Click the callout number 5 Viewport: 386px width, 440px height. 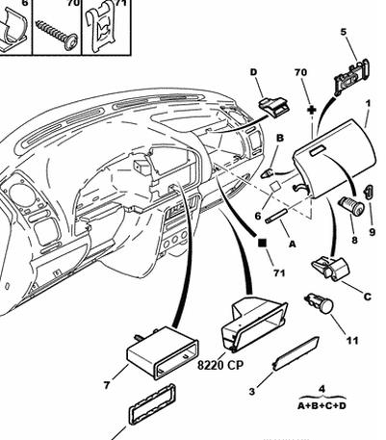coord(344,33)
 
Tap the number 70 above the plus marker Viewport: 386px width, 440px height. coord(300,72)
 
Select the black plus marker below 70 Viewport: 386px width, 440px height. coord(312,110)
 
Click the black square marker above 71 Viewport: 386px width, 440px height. coord(262,243)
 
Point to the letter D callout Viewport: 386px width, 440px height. coord(254,72)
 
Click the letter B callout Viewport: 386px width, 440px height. coord(280,138)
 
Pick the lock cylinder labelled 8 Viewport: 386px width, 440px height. coord(351,205)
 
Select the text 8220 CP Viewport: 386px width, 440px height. coord(220,365)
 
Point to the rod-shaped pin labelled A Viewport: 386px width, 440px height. coord(276,216)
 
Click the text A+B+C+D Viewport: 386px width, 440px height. coord(322,406)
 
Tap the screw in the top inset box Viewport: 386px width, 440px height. coord(57,35)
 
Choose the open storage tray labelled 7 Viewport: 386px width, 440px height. coord(163,352)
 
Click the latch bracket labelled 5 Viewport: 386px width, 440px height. coord(352,76)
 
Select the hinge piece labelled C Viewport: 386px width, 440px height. coord(330,269)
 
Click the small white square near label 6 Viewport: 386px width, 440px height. coord(274,187)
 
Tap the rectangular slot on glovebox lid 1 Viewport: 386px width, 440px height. coord(318,149)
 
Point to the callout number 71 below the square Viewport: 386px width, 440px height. coord(279,272)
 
